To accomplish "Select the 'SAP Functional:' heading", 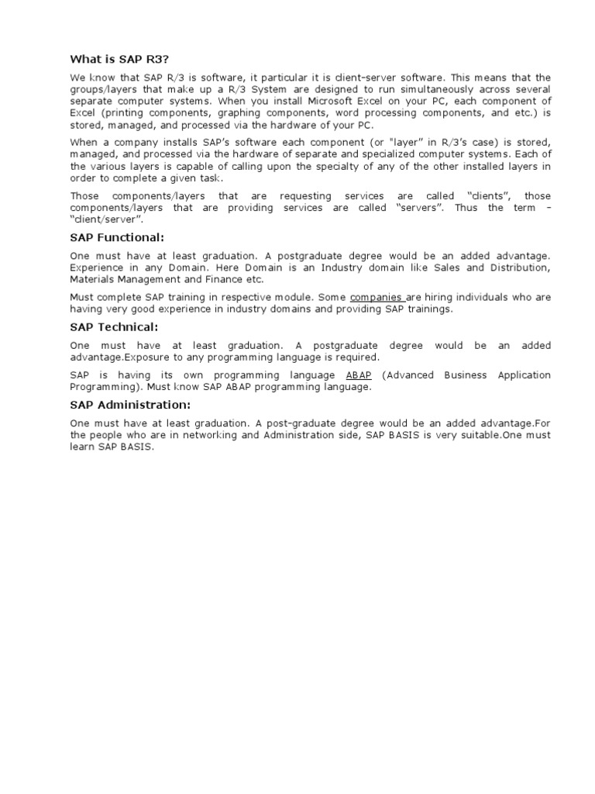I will point(117,236).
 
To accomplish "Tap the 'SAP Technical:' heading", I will point(114,327).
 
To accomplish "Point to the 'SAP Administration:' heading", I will point(130,405).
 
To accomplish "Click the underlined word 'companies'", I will point(377,297).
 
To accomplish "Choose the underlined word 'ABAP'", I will point(359,375).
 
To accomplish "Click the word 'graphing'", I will point(225,112).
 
